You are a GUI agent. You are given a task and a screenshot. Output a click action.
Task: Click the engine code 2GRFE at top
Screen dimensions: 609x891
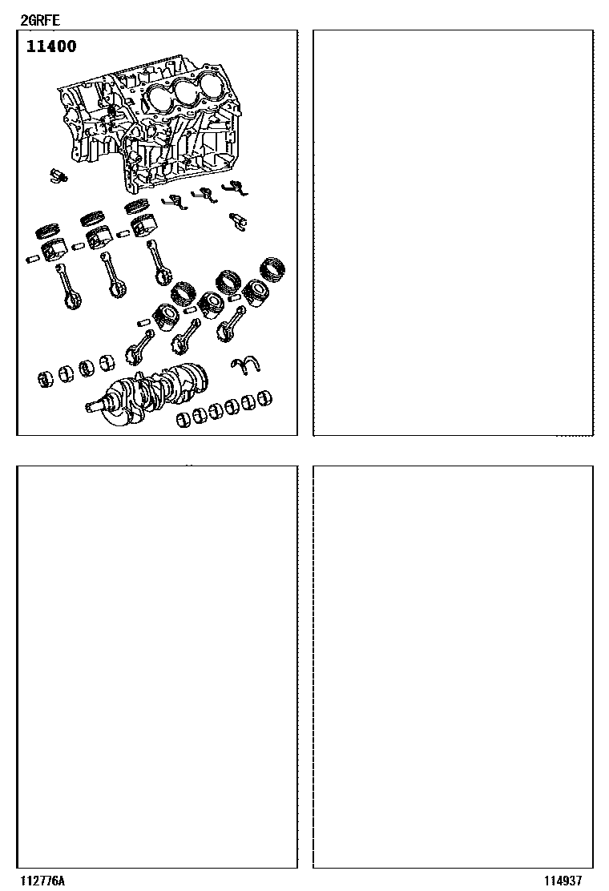[x=40, y=21]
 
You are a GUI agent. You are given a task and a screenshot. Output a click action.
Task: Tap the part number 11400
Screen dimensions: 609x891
[x=51, y=46]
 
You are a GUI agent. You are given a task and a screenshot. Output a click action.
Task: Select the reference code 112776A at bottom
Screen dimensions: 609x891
[x=42, y=881]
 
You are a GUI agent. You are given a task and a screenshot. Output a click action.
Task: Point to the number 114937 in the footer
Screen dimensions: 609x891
[x=563, y=881]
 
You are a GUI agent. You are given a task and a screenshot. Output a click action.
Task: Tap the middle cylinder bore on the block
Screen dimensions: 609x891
[x=187, y=90]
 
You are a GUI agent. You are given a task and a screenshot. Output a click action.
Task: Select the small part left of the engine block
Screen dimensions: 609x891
[x=58, y=175]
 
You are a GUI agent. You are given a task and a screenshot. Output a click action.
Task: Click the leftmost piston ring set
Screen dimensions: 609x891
[x=49, y=230]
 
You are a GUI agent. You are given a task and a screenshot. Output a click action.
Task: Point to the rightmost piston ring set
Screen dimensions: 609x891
[x=272, y=268]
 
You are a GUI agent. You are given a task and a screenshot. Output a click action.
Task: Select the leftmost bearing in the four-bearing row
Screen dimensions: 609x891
[x=46, y=378]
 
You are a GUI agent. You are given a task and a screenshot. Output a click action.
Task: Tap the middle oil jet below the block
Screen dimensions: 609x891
[x=204, y=195]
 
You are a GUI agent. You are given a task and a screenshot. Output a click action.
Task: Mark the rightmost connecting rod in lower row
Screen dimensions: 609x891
[x=232, y=324]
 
